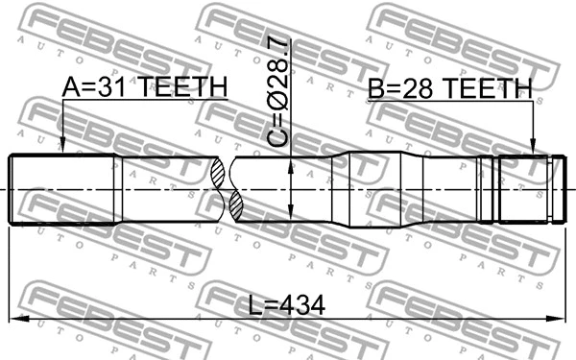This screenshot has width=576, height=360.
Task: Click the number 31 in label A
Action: (x=109, y=88)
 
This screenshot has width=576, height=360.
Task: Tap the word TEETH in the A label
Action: (x=181, y=88)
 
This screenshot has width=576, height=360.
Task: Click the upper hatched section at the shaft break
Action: (x=220, y=173)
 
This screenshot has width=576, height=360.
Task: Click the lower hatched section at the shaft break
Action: (x=235, y=206)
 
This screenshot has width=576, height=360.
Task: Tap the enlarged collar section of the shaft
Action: (x=379, y=189)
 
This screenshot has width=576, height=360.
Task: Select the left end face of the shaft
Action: (x=10, y=189)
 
